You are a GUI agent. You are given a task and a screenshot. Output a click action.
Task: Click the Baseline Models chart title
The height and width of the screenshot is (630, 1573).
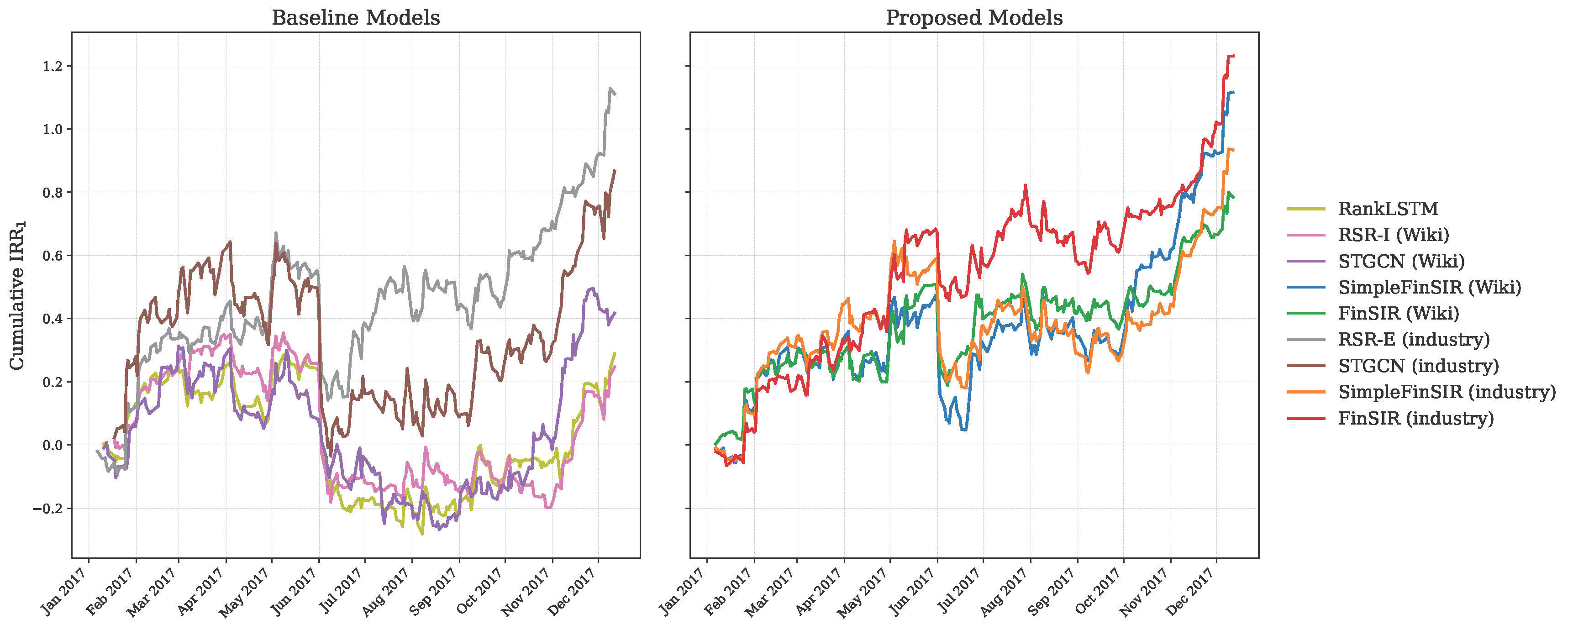(x=355, y=18)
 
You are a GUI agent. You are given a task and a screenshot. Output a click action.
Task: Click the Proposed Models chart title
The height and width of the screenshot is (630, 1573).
(x=974, y=18)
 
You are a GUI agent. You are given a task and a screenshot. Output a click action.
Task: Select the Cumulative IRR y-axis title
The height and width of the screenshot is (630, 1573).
(x=17, y=295)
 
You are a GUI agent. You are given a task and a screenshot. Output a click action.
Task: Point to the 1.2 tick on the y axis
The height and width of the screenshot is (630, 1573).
(x=53, y=66)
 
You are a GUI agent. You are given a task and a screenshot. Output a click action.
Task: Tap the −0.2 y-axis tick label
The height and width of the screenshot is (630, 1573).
(x=48, y=509)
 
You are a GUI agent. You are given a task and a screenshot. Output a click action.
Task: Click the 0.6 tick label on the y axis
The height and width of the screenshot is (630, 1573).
(x=53, y=256)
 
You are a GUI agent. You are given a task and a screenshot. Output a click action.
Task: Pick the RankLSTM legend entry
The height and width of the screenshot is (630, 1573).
(x=1387, y=209)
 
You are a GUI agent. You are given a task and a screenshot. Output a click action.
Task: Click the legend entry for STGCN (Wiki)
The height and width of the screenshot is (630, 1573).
(x=1401, y=261)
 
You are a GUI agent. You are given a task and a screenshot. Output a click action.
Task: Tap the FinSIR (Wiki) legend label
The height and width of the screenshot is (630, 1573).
(x=1399, y=313)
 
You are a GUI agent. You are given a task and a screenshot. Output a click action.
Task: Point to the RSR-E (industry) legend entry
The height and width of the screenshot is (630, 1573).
(x=1414, y=339)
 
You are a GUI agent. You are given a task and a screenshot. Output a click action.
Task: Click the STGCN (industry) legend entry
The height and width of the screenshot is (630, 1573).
(x=1418, y=366)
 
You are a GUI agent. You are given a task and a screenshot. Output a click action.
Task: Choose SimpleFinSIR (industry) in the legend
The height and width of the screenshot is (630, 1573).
(x=1446, y=392)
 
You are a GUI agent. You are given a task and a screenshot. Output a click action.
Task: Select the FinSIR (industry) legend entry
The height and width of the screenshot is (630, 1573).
(x=1415, y=418)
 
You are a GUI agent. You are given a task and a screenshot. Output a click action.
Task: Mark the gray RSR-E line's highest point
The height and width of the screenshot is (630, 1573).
(x=610, y=89)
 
